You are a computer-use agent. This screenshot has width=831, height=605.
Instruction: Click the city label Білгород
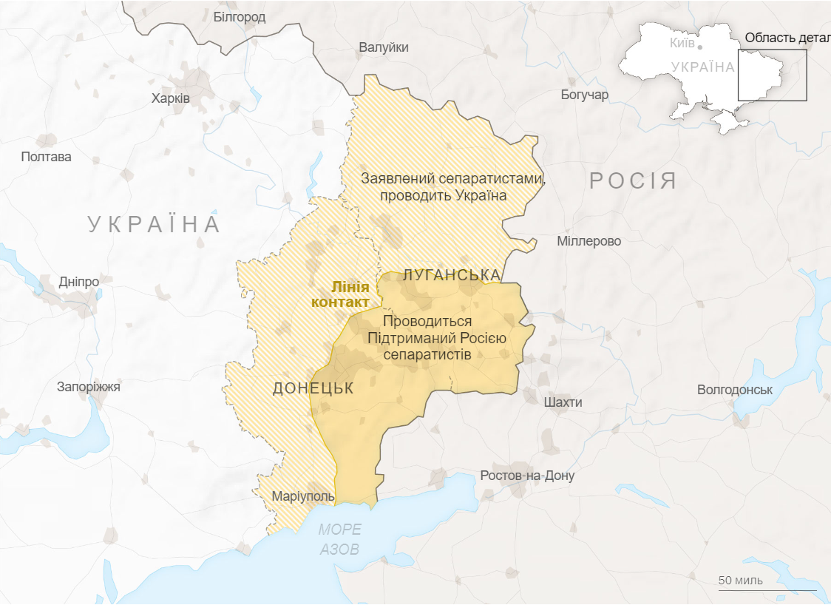[x=239, y=17]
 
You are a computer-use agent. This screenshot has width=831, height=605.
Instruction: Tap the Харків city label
[x=171, y=98]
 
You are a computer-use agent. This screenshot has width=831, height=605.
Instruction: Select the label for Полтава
[x=47, y=157]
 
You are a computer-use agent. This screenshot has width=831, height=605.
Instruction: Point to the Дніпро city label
[x=79, y=282]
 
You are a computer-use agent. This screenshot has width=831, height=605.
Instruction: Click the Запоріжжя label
[x=89, y=387]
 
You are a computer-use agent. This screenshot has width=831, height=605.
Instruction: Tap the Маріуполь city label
[x=303, y=496]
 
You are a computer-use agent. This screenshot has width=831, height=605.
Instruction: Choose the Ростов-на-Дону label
[x=527, y=476]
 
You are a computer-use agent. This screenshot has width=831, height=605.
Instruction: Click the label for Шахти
[x=563, y=402]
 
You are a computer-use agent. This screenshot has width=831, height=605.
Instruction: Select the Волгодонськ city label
[x=735, y=390]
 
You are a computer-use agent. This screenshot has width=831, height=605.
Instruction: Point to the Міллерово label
[x=589, y=241]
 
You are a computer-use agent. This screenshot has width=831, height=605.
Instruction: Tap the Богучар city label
[x=584, y=95]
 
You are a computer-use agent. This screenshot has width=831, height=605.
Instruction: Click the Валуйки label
[x=384, y=47]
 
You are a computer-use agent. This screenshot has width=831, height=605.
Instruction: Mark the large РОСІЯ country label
[x=633, y=181]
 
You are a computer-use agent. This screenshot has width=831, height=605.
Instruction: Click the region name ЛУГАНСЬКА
[x=452, y=276]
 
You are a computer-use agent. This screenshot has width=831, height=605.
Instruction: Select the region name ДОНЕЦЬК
[x=313, y=388]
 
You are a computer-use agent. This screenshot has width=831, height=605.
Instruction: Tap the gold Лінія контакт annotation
[x=342, y=294]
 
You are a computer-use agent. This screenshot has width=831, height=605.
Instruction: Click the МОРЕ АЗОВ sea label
[x=340, y=539]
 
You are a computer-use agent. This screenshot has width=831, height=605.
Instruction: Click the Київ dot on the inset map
[x=699, y=46]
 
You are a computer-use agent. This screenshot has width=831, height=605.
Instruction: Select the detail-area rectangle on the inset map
[x=772, y=75]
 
